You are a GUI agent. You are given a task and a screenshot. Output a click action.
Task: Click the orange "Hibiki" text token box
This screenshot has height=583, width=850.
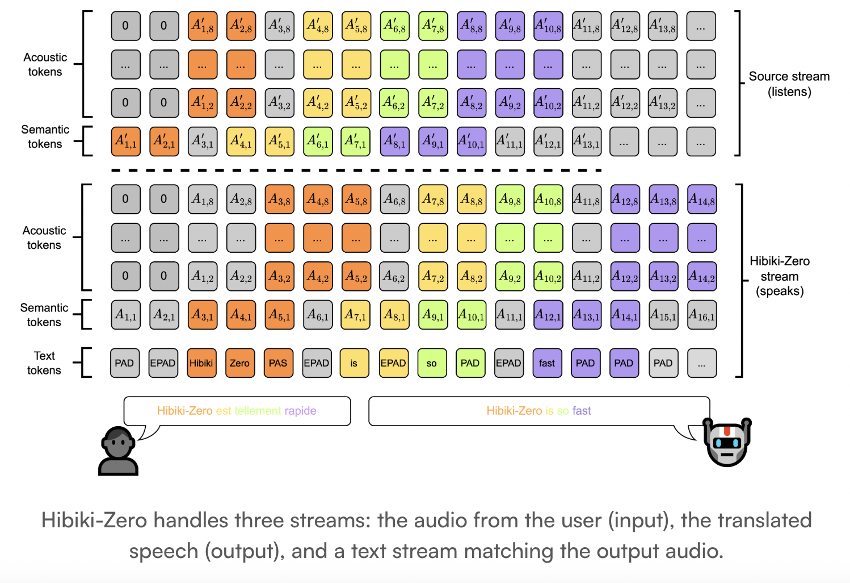201,363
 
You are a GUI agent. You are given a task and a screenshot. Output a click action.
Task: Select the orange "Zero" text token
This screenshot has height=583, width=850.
239,363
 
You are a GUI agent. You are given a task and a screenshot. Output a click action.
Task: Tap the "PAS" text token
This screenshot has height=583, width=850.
278,363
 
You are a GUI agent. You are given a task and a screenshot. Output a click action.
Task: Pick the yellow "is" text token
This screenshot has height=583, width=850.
354,363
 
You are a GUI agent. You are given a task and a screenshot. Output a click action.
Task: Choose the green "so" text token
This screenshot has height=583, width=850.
432,363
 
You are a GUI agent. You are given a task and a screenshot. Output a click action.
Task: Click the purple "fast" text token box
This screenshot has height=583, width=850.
547,363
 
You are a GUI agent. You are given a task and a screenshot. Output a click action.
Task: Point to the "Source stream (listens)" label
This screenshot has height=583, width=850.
789,84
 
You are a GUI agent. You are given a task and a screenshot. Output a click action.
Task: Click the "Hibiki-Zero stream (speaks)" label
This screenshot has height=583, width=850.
780,276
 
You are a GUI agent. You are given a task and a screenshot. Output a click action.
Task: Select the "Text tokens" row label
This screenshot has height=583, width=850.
44,363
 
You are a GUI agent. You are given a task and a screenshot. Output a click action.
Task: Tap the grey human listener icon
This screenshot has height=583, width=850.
118,451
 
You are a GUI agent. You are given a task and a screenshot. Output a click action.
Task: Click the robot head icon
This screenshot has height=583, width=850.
727,442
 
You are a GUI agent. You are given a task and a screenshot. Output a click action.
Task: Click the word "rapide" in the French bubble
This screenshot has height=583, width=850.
300,411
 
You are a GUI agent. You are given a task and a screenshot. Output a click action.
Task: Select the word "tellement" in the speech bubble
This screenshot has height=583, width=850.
258,411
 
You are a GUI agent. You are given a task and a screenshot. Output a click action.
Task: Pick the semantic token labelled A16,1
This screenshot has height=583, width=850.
701,315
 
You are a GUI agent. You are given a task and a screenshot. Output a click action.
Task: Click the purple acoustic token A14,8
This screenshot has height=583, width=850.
701,199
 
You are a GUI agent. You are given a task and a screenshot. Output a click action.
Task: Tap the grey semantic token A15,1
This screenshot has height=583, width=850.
663,315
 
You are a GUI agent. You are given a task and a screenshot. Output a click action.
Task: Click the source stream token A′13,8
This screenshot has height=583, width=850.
662,26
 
